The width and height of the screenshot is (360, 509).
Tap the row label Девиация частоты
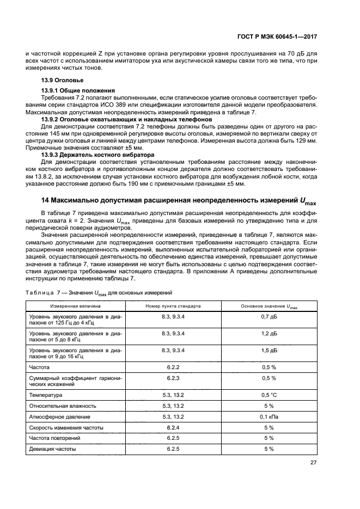pos(52,449)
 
